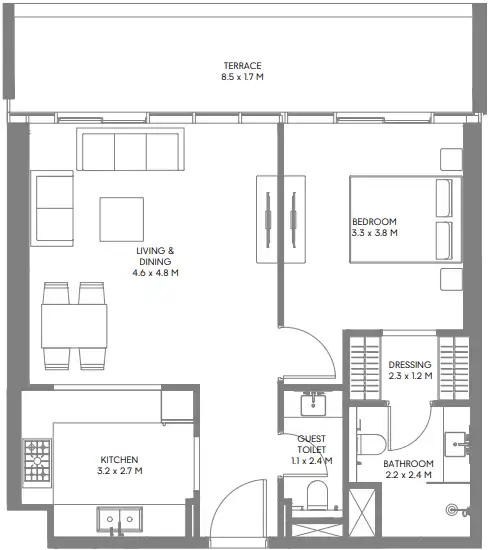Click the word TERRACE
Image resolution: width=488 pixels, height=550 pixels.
242,66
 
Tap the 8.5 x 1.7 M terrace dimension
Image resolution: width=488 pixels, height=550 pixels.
242,77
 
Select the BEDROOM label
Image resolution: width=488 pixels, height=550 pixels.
374,222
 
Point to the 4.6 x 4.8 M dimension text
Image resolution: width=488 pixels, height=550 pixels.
155,273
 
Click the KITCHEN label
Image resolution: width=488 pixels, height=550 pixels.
119,460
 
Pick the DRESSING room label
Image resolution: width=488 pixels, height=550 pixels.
410,365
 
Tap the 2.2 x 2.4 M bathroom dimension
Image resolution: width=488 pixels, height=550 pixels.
408,475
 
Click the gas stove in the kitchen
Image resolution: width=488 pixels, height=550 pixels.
37,461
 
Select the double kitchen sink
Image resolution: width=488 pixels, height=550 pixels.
120,519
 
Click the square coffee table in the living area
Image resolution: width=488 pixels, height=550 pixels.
121,220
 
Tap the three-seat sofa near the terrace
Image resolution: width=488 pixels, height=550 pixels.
131,149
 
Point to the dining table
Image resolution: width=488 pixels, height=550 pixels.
74,326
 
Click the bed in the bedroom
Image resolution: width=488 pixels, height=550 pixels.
405,219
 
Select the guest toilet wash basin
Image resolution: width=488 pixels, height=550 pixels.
313,404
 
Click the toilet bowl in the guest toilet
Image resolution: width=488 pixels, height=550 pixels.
317,495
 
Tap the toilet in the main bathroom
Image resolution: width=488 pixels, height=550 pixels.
372,445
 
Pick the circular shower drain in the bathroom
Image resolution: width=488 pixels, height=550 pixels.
452,510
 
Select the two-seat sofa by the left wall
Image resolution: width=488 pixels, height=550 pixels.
52,209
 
